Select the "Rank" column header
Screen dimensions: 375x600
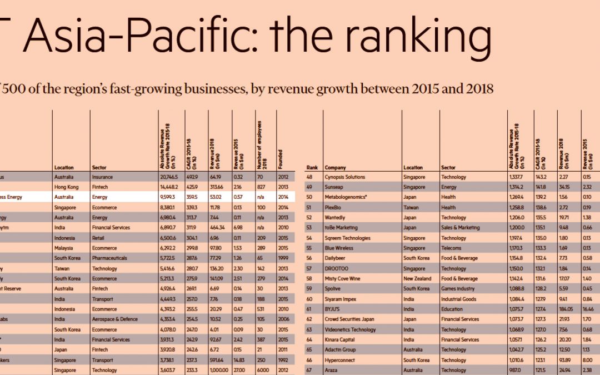312,167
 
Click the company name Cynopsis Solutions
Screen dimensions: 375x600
344,177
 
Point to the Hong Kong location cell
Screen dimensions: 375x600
67,187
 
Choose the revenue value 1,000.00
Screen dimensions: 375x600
219,370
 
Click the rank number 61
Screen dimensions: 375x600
309,309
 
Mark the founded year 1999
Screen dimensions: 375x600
283,258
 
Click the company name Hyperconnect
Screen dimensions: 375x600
339,360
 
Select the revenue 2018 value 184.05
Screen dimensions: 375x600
565,309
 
